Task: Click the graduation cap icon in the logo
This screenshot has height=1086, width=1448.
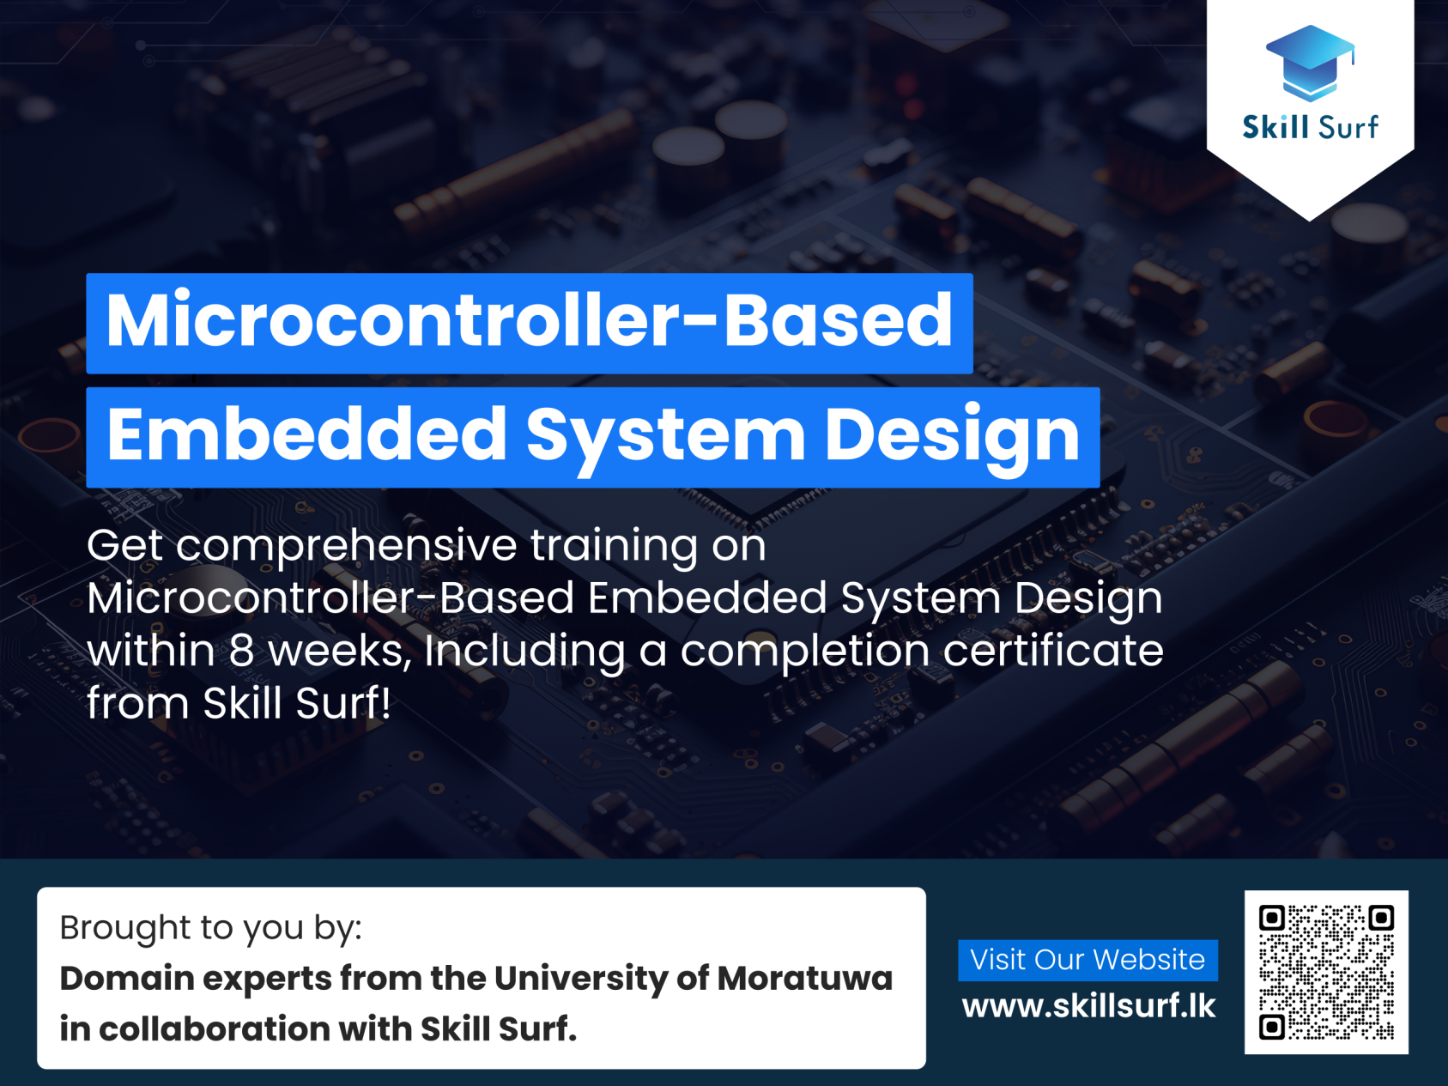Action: click(x=1310, y=62)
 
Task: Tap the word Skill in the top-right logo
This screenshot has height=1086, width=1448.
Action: click(x=1275, y=127)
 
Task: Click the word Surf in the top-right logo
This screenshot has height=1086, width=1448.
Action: click(x=1348, y=127)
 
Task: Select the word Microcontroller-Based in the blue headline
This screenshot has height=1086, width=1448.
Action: click(x=529, y=320)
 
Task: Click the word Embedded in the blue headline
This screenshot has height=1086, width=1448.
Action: click(x=306, y=434)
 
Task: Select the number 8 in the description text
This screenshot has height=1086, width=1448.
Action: click(x=242, y=652)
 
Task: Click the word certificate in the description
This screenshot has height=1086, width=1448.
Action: click(x=1053, y=650)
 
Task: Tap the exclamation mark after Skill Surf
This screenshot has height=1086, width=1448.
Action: click(x=386, y=703)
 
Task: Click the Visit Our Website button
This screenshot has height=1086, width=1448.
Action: click(x=1088, y=960)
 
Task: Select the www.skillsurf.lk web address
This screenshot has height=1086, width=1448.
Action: click(x=1088, y=1006)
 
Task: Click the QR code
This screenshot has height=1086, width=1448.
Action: click(x=1326, y=972)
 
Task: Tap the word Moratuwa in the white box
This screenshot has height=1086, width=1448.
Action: click(x=805, y=979)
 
